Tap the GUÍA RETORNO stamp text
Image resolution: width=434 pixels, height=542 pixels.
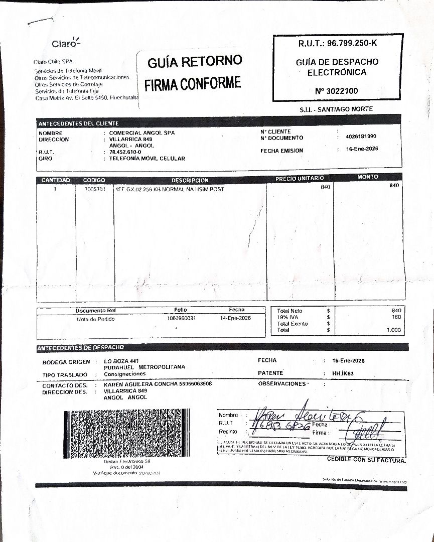[x=195, y=62]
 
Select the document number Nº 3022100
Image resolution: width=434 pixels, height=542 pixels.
[x=337, y=91]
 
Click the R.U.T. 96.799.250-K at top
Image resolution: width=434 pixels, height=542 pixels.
[x=337, y=44]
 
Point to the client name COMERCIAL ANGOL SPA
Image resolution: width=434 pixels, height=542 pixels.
[x=142, y=133]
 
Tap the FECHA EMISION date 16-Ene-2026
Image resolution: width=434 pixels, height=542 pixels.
[x=362, y=149]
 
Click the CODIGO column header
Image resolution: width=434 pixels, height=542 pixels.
[x=94, y=180]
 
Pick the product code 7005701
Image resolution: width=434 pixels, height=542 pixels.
[x=94, y=190]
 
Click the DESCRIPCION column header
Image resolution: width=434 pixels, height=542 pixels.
[x=190, y=180]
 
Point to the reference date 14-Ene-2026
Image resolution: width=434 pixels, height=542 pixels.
[x=235, y=318]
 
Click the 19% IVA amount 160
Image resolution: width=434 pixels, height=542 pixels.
[x=396, y=317]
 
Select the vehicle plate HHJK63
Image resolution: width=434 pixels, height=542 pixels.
[x=343, y=373]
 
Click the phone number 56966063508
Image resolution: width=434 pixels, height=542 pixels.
[x=195, y=384]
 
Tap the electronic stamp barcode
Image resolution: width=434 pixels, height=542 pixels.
[x=127, y=434]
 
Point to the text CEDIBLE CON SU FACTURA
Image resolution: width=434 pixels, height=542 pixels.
[x=366, y=459]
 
